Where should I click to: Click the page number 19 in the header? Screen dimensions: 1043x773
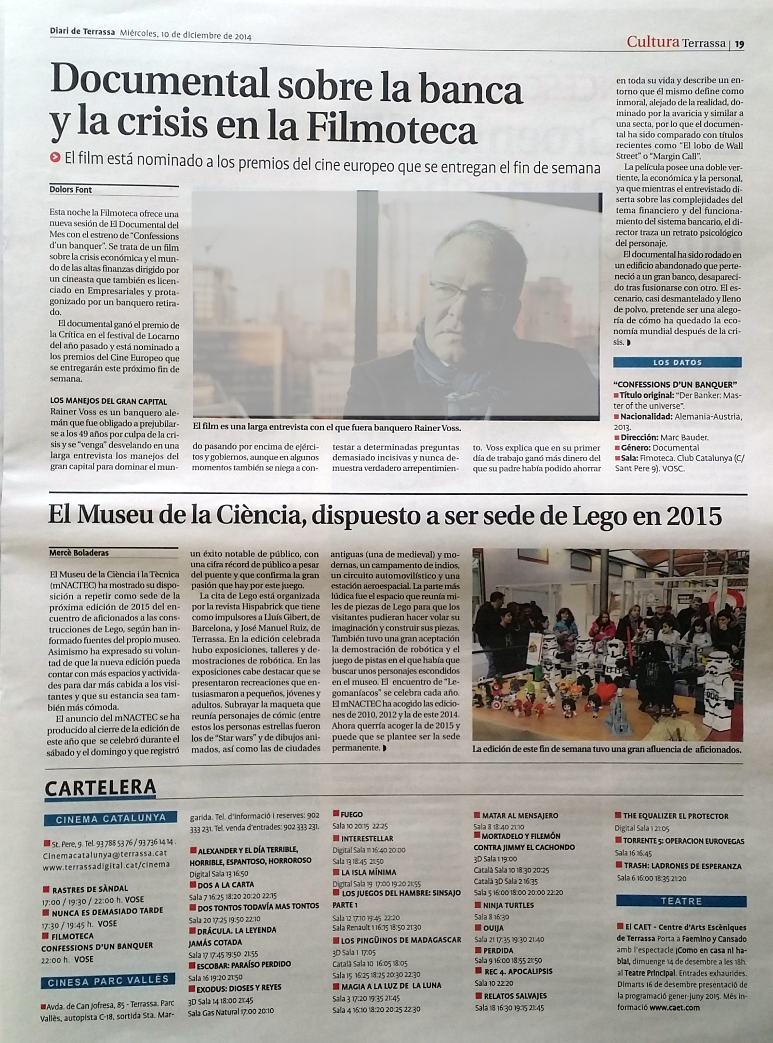739,45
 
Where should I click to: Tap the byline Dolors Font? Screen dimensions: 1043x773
71,190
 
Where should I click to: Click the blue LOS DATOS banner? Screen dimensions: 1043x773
677,362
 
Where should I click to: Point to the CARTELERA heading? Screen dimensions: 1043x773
100,788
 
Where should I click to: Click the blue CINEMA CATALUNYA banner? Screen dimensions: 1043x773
110,818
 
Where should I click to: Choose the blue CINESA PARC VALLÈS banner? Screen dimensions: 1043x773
108,981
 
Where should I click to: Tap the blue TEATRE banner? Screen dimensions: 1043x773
681,901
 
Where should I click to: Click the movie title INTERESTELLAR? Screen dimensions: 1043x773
367,838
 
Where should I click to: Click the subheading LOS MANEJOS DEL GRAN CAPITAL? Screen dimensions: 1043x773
108,401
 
